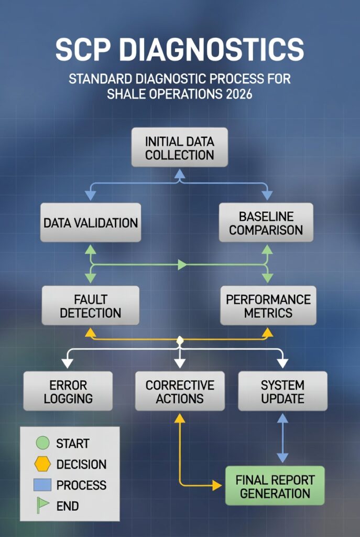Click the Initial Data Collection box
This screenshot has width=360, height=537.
point(180,147)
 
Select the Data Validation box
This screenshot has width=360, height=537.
point(91,222)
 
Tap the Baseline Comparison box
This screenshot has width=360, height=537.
point(266,222)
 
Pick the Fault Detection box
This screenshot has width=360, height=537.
point(91,306)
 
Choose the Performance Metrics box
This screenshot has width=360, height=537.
point(268,306)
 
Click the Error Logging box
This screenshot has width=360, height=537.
point(68,391)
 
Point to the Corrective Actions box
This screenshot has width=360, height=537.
point(180,391)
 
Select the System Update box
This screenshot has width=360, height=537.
point(282,391)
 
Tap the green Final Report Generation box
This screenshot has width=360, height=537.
point(275,486)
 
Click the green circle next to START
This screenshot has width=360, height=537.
point(43,443)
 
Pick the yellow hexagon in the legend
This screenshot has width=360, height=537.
point(43,464)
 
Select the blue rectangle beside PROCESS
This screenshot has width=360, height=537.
point(43,485)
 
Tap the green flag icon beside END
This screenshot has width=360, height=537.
point(42,506)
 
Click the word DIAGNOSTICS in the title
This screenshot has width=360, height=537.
point(212,50)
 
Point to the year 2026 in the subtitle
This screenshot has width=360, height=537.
point(239,93)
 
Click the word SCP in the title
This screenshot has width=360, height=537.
point(83,50)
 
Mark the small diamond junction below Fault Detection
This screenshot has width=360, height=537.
point(180,340)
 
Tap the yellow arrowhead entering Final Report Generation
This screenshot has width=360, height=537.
point(217,485)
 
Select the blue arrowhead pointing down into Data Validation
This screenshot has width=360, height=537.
point(90,196)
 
